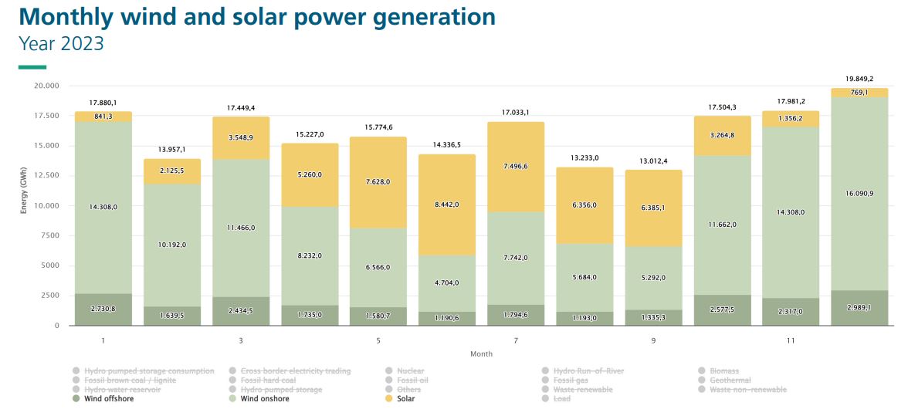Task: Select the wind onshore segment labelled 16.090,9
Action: [859, 193]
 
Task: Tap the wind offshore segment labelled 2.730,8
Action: [103, 309]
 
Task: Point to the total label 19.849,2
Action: [859, 79]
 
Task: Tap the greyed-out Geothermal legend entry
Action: [730, 380]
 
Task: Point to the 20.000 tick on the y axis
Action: [46, 86]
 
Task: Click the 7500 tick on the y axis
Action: [49, 235]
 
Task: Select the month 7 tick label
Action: [517, 340]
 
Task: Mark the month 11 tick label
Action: [791, 340]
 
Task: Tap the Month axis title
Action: [481, 354]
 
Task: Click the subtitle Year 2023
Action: [61, 44]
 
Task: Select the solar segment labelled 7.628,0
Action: [378, 182]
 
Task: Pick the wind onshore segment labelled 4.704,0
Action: [447, 282]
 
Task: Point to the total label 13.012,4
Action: [653, 161]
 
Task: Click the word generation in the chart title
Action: [422, 16]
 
